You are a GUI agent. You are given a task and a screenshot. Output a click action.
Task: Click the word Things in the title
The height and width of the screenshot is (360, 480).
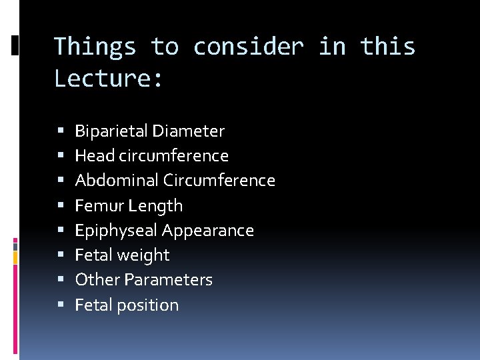95,47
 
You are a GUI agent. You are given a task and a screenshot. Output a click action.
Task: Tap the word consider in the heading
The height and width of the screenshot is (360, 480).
248,47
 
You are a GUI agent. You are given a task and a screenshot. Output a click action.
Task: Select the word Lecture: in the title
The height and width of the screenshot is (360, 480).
109,79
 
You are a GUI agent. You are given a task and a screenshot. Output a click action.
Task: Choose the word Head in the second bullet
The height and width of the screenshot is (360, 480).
90,156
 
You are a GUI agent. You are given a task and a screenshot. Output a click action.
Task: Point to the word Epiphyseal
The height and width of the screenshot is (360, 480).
116,231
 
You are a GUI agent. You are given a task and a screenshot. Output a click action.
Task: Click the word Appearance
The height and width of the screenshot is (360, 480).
208,231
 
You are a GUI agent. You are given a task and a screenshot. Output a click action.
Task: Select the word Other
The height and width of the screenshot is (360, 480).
93,280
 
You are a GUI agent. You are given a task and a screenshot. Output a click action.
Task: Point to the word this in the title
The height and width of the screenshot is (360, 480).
388,47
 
